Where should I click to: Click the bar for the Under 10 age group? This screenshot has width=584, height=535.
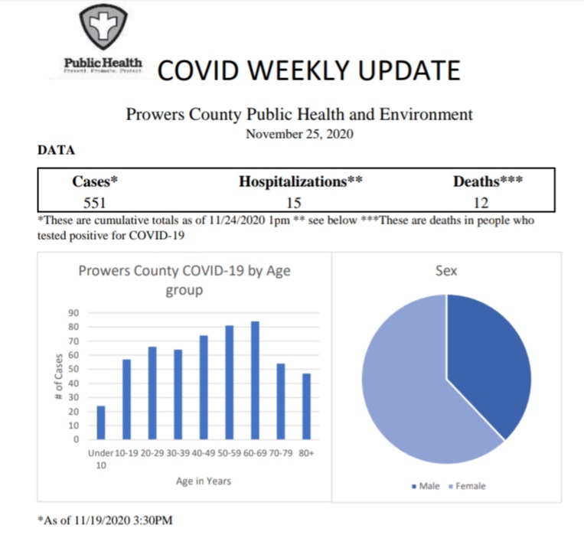coord(101,422)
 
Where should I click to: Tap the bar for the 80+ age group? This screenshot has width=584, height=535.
coord(306,406)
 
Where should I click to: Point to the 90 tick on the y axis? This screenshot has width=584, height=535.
coord(74,312)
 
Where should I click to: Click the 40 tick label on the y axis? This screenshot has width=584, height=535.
coord(74,383)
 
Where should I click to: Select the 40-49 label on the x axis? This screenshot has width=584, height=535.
coord(204,454)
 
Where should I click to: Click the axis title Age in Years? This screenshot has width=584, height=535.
coord(203,481)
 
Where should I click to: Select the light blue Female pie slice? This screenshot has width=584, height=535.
coord(406,383)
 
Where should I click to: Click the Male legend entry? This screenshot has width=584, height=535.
coord(426,485)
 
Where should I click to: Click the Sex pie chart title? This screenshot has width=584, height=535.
coord(446,271)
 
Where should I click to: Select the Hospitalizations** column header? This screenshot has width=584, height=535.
coord(300,182)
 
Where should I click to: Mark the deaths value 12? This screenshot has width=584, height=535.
coord(480,203)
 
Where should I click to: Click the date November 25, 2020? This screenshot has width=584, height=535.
coord(299,133)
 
